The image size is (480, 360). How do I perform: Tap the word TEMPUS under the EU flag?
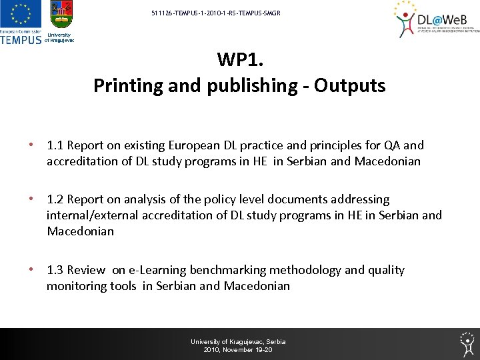[21, 39]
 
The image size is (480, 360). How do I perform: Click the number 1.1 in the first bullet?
[55, 145]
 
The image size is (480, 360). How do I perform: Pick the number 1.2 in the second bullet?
[55, 199]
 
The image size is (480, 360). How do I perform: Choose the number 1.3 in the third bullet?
[55, 270]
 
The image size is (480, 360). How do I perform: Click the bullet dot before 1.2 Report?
[29, 199]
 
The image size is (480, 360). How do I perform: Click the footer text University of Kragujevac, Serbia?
[238, 341]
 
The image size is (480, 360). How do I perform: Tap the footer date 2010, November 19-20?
[238, 350]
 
